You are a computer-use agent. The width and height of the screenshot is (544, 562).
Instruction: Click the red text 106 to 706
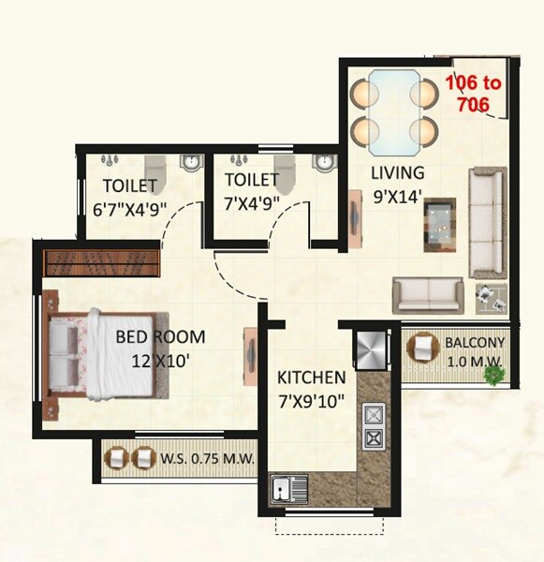click(x=472, y=94)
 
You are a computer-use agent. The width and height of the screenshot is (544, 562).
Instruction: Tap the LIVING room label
click(x=397, y=173)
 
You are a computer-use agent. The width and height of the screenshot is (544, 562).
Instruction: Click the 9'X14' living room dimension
click(x=396, y=196)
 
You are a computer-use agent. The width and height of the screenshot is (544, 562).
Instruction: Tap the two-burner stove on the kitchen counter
click(x=375, y=424)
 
